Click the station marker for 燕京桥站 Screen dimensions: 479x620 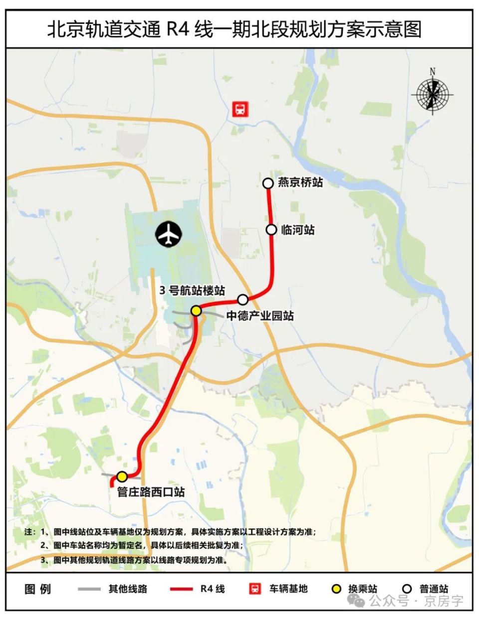(x=268, y=183)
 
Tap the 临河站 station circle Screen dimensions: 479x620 (x=271, y=230)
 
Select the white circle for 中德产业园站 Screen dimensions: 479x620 (x=243, y=300)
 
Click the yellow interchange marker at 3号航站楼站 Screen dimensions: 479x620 (x=196, y=310)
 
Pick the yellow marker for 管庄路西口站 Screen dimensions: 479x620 (x=122, y=476)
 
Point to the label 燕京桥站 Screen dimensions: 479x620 (x=300, y=182)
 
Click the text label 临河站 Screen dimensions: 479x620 (x=298, y=230)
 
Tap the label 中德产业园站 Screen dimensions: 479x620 (x=260, y=315)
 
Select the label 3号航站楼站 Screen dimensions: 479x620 (x=192, y=291)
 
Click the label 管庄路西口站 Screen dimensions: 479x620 (x=151, y=492)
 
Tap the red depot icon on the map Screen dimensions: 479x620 (x=240, y=109)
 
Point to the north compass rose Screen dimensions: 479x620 (x=433, y=93)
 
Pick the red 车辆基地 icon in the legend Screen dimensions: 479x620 (x=255, y=589)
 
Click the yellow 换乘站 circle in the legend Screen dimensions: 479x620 (x=337, y=589)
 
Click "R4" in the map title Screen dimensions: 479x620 (x=178, y=29)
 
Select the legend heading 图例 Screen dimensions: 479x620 (x=38, y=589)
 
